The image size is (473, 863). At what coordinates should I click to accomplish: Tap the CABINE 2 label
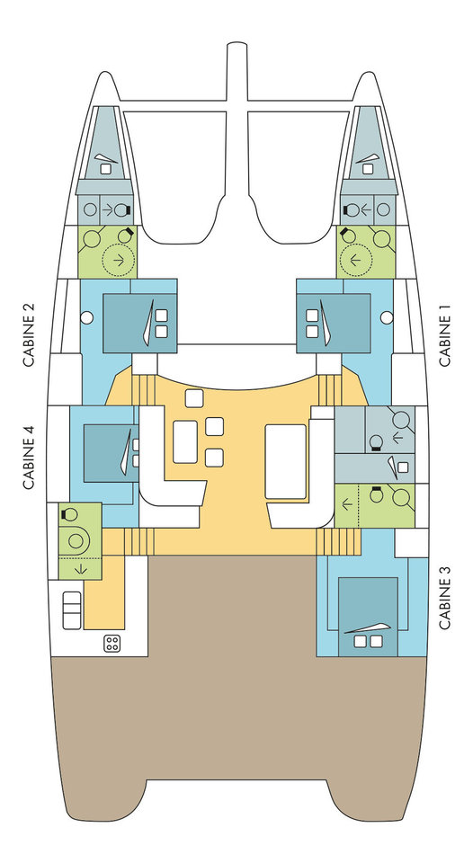(x=29, y=335)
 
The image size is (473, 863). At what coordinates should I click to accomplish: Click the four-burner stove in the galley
(x=112, y=644)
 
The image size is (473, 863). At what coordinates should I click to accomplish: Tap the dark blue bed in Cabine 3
(x=368, y=617)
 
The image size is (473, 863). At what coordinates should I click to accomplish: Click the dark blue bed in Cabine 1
(x=333, y=323)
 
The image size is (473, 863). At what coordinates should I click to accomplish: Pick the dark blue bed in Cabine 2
(x=140, y=323)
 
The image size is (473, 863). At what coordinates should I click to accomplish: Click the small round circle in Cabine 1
(x=387, y=317)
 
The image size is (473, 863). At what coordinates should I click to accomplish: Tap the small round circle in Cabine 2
(x=86, y=317)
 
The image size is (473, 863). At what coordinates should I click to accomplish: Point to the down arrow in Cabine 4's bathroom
(x=80, y=568)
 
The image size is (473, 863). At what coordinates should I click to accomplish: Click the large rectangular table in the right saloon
(x=285, y=461)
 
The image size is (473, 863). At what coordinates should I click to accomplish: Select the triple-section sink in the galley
(x=72, y=610)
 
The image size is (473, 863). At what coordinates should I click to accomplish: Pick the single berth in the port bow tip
(x=103, y=143)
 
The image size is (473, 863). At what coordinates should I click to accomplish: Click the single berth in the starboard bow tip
(x=367, y=143)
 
